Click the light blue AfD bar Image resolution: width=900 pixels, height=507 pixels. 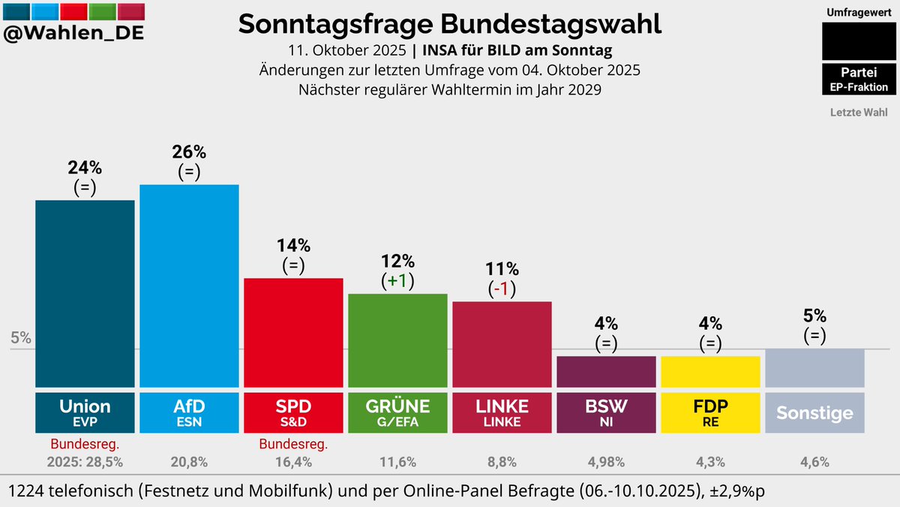click(189, 285)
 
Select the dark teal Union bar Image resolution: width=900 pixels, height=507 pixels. click(85, 293)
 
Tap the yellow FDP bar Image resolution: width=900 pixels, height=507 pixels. click(710, 371)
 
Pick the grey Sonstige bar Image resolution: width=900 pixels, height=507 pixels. click(814, 367)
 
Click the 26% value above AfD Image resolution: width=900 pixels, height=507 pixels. click(189, 152)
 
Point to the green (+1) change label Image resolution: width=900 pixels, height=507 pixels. click(397, 281)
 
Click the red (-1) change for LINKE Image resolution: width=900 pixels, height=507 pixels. click(502, 288)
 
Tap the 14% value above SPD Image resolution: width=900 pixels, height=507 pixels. click(293, 246)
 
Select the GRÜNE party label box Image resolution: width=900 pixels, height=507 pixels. click(397, 412)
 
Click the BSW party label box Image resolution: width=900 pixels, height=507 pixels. click(606, 412)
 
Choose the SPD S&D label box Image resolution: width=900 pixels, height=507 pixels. click(293, 412)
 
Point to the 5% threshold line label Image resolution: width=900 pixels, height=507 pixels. click(21, 338)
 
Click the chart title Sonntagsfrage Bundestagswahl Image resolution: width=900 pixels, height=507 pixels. click(450, 24)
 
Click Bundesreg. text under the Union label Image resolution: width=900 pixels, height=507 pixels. click(85, 444)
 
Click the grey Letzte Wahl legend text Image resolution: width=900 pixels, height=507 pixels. click(859, 113)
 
